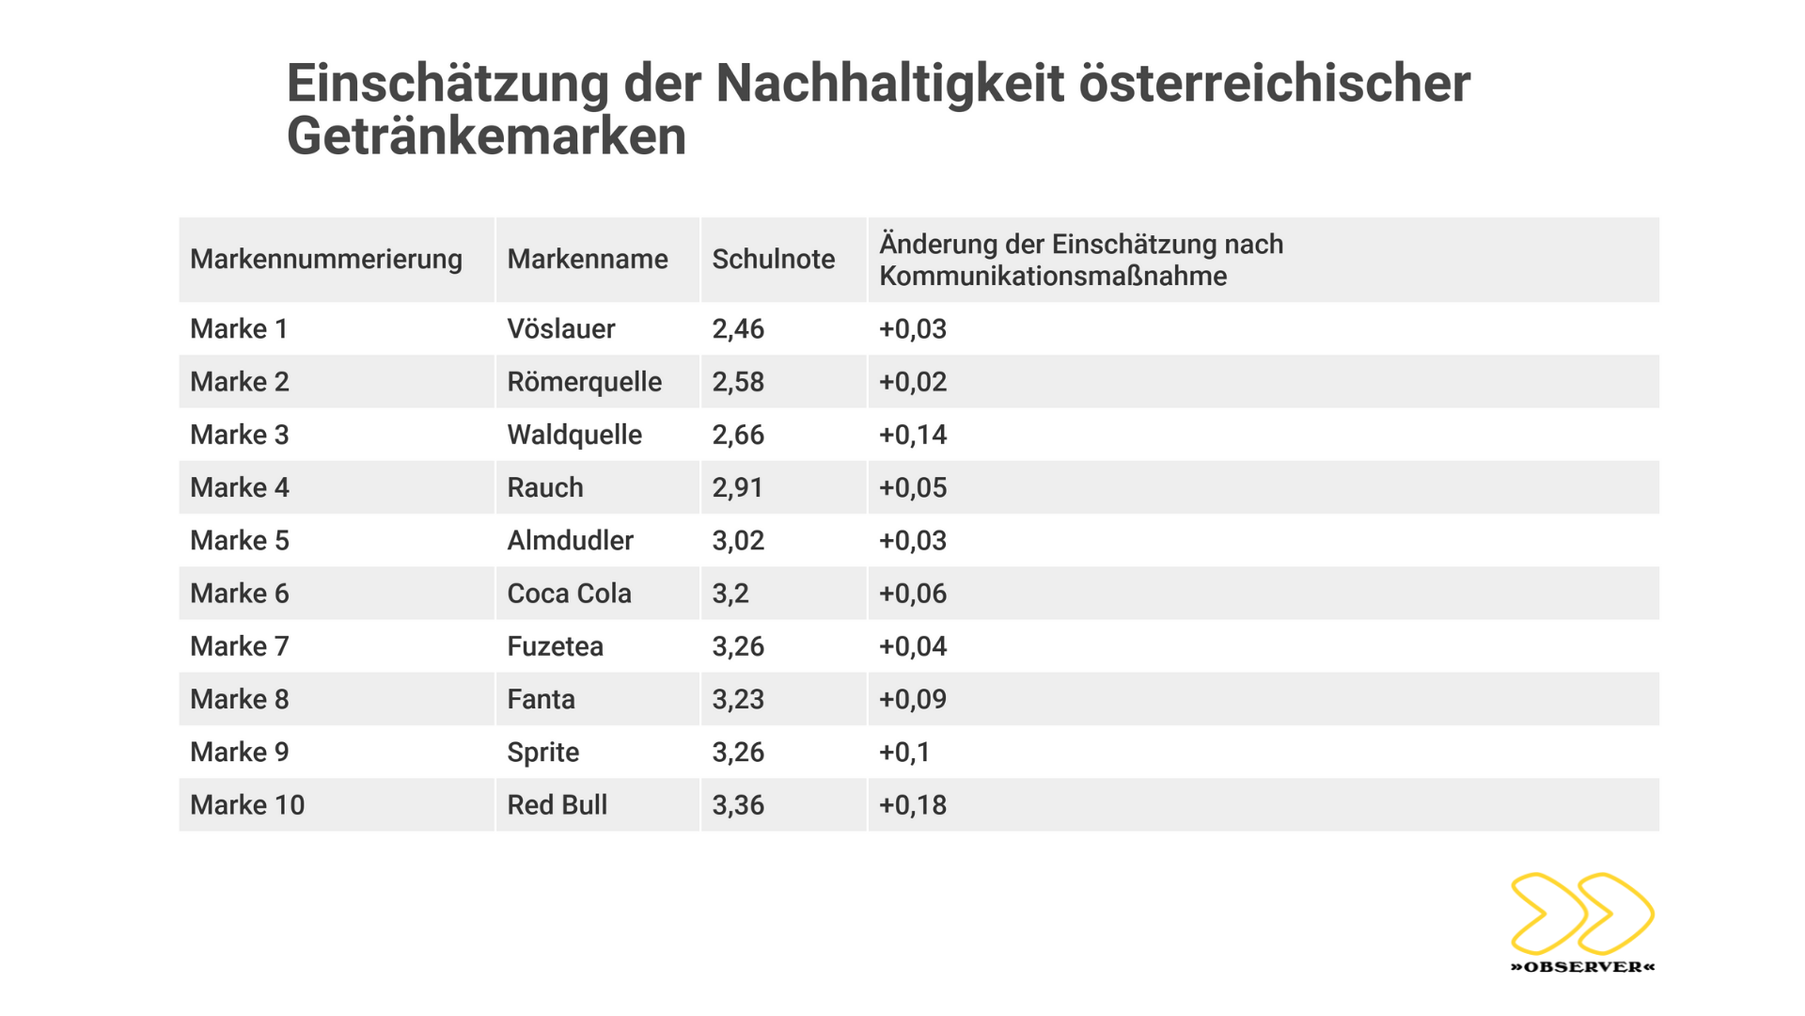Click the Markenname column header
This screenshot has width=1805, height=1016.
tap(587, 260)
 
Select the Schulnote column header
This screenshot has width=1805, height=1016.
tap(773, 260)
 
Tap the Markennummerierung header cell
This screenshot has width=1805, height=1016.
tap(325, 260)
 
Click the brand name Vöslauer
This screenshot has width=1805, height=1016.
tap(560, 329)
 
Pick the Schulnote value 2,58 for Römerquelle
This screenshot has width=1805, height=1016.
tap(738, 382)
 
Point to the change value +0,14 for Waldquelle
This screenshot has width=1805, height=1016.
tap(912, 435)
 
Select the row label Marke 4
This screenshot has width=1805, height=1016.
tap(239, 487)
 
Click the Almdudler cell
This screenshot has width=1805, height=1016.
tap(570, 541)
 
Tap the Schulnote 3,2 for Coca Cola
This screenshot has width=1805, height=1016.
tap(730, 594)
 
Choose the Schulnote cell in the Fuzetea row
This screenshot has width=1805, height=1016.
tap(738, 646)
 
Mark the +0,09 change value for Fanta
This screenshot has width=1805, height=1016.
tap(912, 699)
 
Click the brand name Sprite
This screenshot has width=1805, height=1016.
tap(542, 753)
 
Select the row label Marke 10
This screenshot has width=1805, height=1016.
tap(247, 805)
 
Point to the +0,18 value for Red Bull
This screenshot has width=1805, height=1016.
tap(912, 805)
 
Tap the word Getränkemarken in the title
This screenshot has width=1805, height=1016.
tap(486, 136)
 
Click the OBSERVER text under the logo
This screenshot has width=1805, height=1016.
tap(1582, 967)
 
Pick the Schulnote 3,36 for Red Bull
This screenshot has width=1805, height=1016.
tap(738, 805)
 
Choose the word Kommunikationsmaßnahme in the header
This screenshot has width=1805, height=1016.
tap(1053, 277)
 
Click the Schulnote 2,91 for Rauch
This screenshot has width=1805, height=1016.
tap(738, 487)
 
